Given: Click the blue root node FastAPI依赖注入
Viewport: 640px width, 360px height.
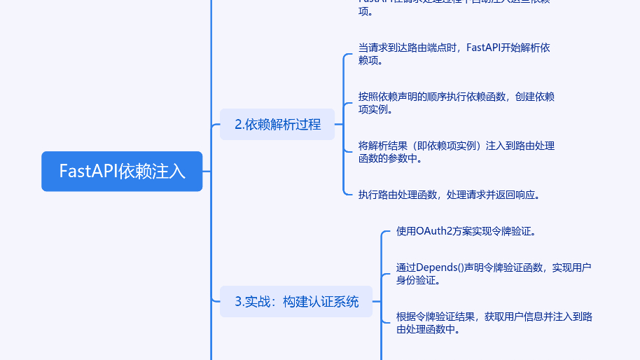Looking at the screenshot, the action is [x=122, y=171].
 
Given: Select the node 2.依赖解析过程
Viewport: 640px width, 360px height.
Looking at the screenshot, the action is [x=277, y=124].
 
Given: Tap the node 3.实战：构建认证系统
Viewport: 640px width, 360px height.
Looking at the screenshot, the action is [x=296, y=301].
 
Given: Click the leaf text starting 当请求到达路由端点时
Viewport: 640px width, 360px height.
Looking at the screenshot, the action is [x=454, y=54].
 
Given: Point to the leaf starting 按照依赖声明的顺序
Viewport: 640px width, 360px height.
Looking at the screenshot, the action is [x=456, y=102].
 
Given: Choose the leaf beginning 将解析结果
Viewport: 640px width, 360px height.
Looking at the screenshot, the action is [x=456, y=151].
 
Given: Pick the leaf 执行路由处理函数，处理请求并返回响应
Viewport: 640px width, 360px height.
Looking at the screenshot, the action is [x=449, y=195].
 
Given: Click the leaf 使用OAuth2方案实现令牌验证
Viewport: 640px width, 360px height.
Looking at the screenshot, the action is [x=466, y=231].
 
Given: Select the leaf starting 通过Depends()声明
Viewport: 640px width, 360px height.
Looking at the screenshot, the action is [x=494, y=273].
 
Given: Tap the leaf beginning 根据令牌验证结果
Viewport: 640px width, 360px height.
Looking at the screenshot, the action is [x=494, y=322].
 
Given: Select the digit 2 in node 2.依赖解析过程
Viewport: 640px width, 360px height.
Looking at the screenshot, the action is [x=238, y=124].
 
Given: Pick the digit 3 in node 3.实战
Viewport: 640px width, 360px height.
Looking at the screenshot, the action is [x=238, y=301].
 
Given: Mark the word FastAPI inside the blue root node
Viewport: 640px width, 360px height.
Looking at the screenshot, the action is [x=88, y=171].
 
